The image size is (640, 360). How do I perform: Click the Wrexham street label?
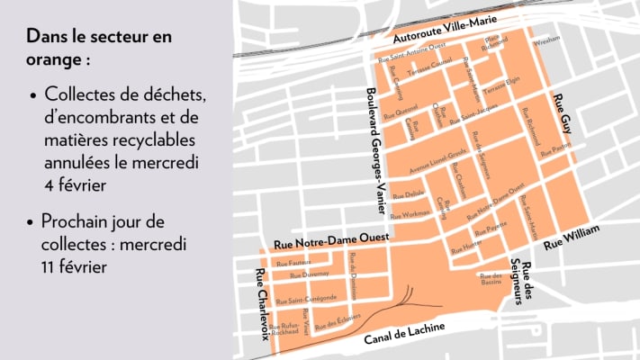pyautogui.click(x=546, y=40)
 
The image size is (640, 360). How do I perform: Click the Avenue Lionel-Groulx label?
pyautogui.click(x=437, y=157)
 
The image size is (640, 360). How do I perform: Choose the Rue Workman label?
pyautogui.click(x=411, y=214)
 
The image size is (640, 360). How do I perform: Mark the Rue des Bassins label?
pyautogui.click(x=490, y=278)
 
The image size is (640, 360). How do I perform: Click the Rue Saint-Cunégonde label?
pyautogui.click(x=307, y=298)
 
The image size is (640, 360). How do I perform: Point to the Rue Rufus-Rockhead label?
pyautogui.click(x=290, y=328)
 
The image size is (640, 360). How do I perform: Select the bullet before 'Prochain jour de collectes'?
pyautogui.click(x=32, y=221)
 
